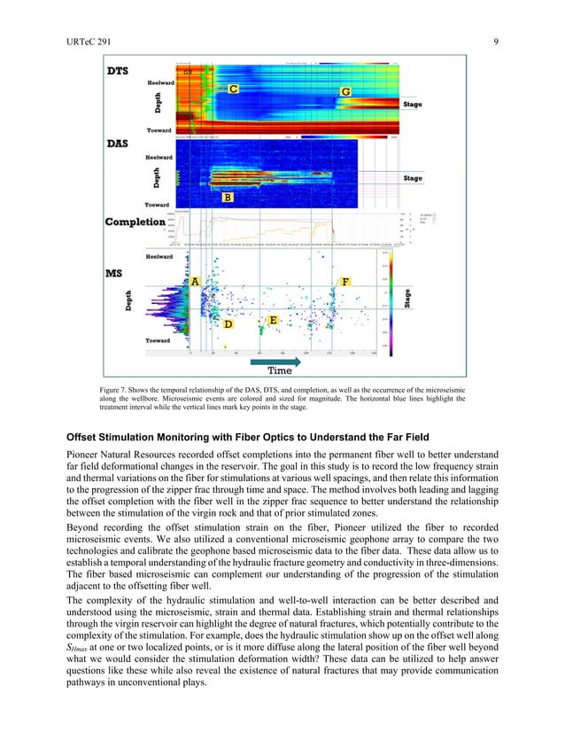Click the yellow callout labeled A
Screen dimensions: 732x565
point(195,281)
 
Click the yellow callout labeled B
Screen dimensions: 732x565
point(228,198)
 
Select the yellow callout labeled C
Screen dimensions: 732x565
point(233,90)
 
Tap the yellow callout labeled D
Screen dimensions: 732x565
point(228,324)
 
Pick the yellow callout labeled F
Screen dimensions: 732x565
point(345,281)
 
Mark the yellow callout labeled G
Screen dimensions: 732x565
point(345,92)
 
